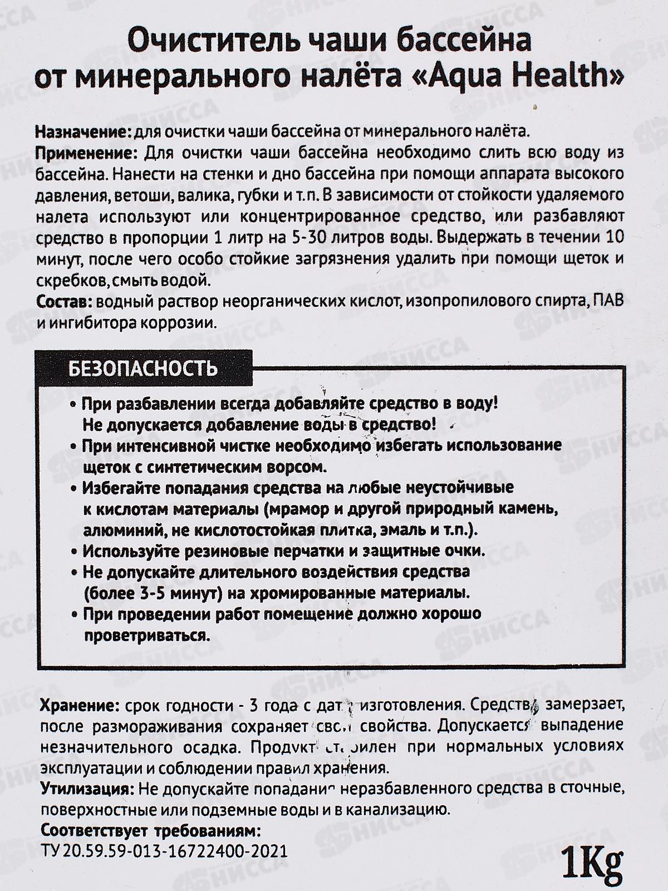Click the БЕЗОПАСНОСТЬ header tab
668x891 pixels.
pos(143,368)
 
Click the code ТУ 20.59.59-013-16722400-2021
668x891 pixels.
pos(164,852)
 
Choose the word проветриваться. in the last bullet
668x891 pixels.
pos(146,635)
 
